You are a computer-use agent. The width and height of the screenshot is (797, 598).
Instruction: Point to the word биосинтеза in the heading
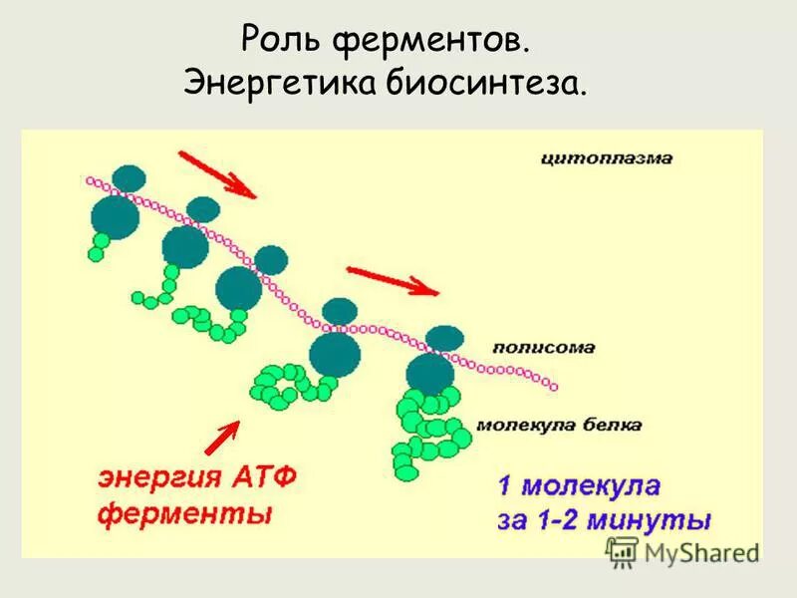click(x=495, y=84)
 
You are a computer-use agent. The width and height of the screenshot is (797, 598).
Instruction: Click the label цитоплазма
click(x=608, y=157)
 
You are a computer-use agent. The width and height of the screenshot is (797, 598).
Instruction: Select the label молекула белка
click(x=559, y=424)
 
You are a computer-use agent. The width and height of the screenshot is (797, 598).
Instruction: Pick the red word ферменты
click(x=185, y=515)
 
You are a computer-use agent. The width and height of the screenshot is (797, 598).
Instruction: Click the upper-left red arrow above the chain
click(x=217, y=173)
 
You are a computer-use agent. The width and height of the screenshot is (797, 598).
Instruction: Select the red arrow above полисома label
click(x=391, y=280)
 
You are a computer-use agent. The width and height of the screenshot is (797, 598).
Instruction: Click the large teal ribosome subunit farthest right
click(x=431, y=374)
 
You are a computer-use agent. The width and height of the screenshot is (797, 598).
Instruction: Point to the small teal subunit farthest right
click(x=444, y=337)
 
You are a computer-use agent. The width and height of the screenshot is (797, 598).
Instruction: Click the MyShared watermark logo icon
click(x=623, y=549)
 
